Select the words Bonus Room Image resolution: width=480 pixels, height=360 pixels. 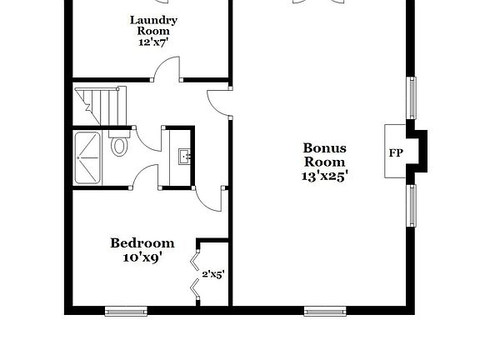click(324, 155)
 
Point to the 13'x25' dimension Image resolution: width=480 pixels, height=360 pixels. click(324, 176)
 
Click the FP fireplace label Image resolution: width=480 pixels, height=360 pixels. click(396, 152)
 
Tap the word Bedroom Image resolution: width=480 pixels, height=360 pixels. click(142, 243)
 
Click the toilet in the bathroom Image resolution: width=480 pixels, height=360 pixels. click(119, 146)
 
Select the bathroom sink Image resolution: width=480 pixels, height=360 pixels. click(183, 155)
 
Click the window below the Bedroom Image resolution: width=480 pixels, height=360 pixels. click(125, 312)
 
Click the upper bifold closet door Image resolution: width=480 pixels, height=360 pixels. click(196, 262)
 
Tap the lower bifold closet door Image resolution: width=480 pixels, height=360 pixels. click(196, 289)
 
